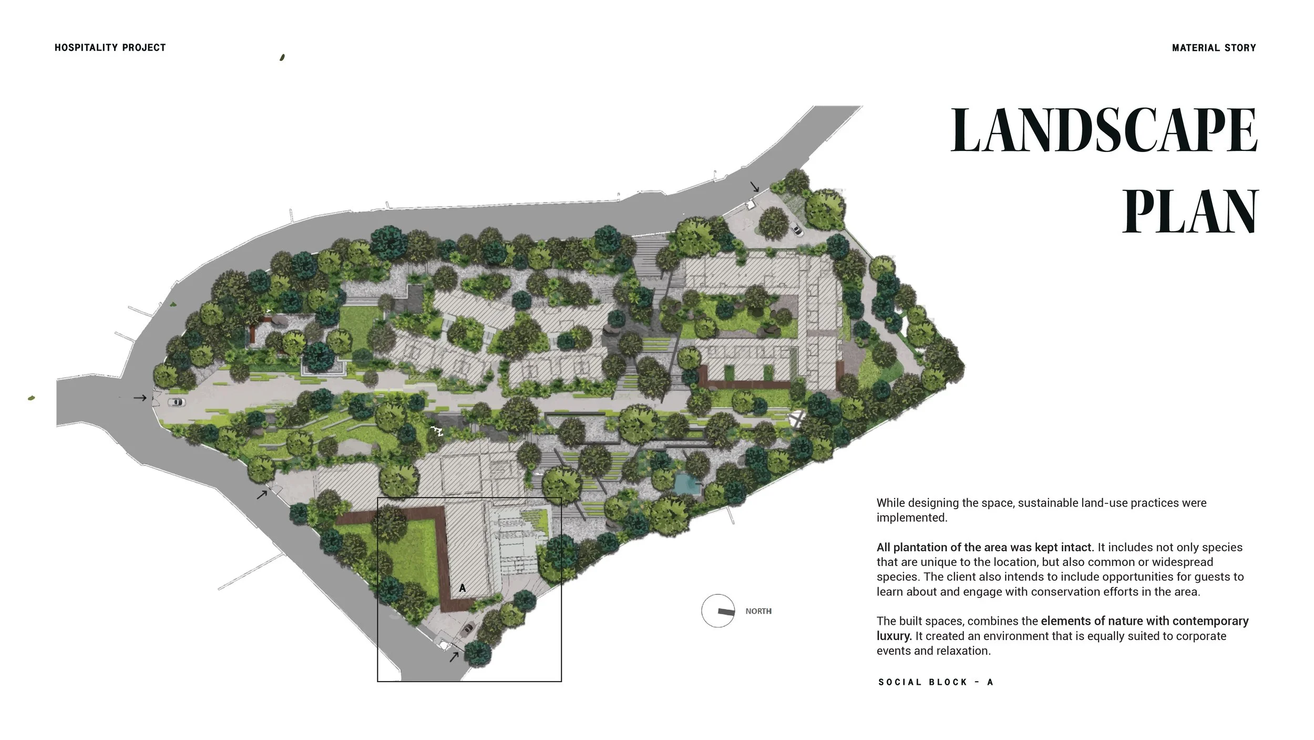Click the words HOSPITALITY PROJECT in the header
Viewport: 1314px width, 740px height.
[x=110, y=48]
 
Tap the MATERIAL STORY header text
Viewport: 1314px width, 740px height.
[x=1214, y=48]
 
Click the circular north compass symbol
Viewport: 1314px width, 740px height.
[x=718, y=611]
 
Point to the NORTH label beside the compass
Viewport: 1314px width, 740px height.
[x=758, y=611]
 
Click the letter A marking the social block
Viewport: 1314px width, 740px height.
[x=463, y=588]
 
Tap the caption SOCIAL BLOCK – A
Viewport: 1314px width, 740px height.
[x=936, y=682]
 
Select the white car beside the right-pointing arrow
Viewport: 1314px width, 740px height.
[x=177, y=402]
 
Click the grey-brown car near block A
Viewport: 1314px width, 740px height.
[x=467, y=629]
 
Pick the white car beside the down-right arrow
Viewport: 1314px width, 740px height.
[x=797, y=229]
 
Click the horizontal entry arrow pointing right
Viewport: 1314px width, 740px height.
[x=140, y=398]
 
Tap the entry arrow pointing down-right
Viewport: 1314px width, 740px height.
[x=755, y=187]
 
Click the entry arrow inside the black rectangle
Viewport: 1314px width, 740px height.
[x=454, y=656]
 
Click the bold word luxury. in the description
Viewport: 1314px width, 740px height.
[x=894, y=636]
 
